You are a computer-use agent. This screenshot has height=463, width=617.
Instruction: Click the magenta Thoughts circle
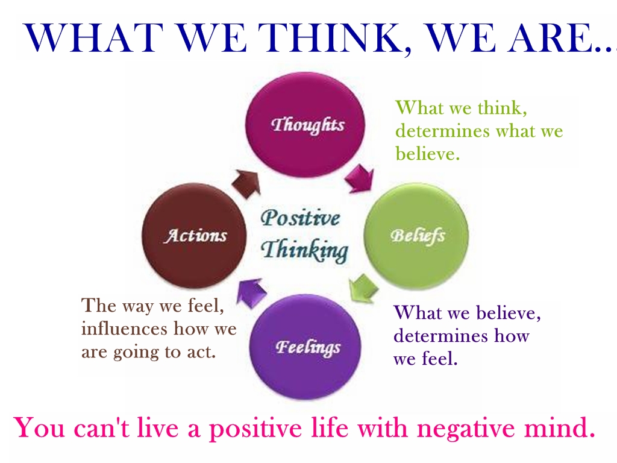click(305, 125)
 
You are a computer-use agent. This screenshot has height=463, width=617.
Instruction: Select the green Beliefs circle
click(416, 236)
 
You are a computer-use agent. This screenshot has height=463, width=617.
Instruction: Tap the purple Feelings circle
click(305, 347)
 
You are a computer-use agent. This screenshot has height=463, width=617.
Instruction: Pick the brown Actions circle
click(194, 236)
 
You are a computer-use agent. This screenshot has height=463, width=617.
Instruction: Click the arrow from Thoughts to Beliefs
click(359, 178)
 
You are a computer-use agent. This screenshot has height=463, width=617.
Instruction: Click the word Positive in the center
click(300, 218)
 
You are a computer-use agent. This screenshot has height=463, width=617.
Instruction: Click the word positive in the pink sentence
click(257, 429)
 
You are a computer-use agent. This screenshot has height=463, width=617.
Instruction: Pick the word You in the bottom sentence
click(39, 427)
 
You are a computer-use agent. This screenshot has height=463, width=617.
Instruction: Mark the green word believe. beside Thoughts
click(428, 153)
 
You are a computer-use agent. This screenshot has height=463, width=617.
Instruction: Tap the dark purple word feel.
click(440, 358)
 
